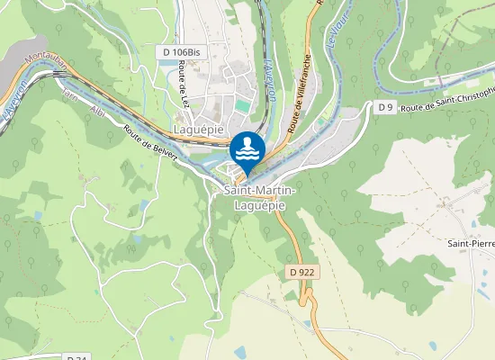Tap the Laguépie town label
coord(198,130)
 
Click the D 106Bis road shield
coord(181,53)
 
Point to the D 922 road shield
coord(303,271)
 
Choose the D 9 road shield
coord(385,107)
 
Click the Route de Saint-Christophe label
coord(449,100)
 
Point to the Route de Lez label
coord(183,94)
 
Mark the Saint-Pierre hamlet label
coord(472,243)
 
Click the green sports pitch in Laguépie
coord(242,106)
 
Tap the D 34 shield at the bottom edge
coord(76,357)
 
